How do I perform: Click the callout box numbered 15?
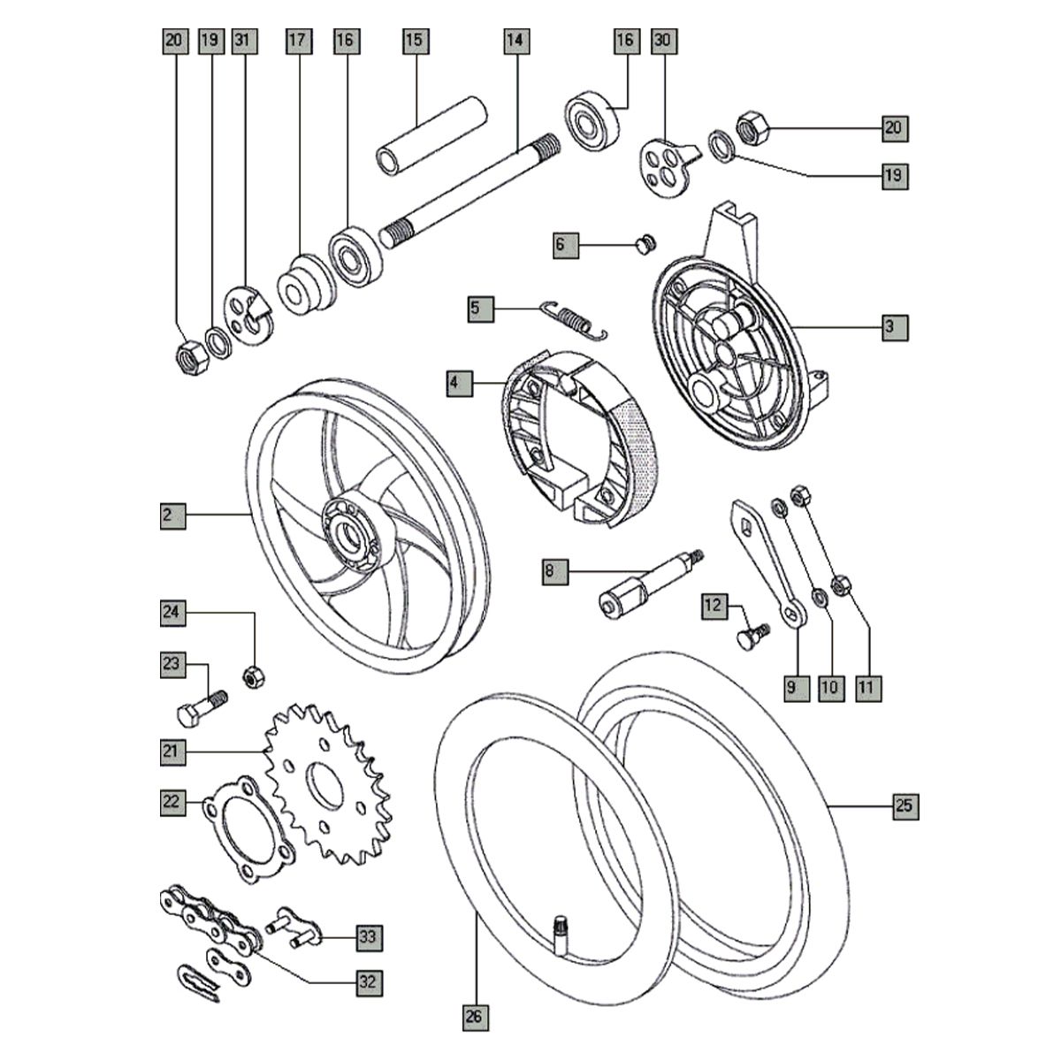point(416,41)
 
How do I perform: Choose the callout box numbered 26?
point(475,1017)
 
